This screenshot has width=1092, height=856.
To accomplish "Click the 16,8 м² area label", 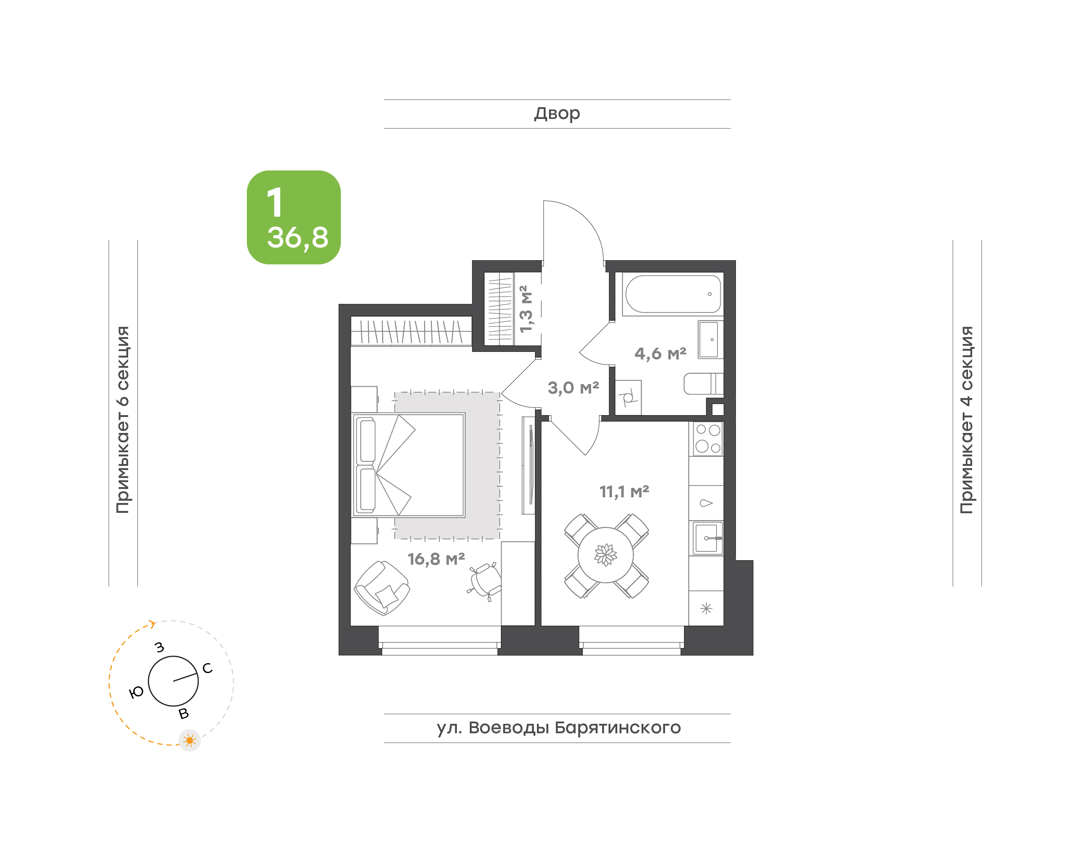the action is pyautogui.click(x=436, y=559).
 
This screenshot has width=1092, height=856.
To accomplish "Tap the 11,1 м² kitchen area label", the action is pyautogui.click(x=624, y=492).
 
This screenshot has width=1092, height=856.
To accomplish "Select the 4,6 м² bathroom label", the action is pyautogui.click(x=660, y=354).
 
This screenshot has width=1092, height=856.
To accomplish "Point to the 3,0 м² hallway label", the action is pyautogui.click(x=573, y=387).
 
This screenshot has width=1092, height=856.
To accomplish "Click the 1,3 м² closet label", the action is pyautogui.click(x=526, y=309).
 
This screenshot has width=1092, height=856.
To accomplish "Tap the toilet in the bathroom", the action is pyautogui.click(x=704, y=384).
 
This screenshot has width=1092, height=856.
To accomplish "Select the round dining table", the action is pyautogui.click(x=606, y=555).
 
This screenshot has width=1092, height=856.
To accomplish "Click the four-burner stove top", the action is pyautogui.click(x=708, y=439).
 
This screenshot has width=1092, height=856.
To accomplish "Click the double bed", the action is pyautogui.click(x=409, y=465).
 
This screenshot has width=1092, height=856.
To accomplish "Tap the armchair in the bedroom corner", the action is pyautogui.click(x=382, y=588).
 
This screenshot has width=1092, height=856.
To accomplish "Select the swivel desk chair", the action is pyautogui.click(x=485, y=581).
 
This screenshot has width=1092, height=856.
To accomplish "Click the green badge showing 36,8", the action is pyautogui.click(x=294, y=217).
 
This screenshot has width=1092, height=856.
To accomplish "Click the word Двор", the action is pyautogui.click(x=557, y=114).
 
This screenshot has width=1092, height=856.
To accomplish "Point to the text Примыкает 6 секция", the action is pyautogui.click(x=123, y=420).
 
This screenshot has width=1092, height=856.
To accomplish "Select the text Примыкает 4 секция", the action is pyautogui.click(x=966, y=420).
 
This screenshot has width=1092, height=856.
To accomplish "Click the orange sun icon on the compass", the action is pyautogui.click(x=190, y=740).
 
